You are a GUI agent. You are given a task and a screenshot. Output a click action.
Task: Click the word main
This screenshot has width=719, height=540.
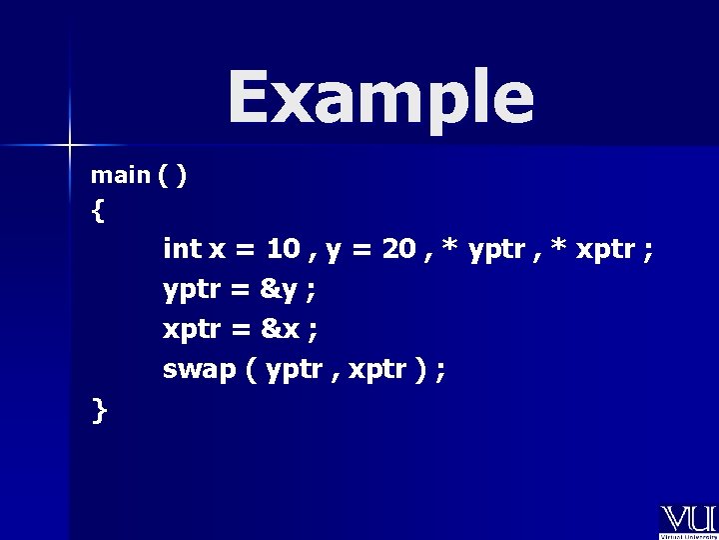(119, 175)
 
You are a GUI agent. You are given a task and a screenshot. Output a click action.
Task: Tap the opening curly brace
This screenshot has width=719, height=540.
(97, 211)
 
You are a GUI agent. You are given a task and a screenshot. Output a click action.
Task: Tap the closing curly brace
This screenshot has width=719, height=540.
(98, 409)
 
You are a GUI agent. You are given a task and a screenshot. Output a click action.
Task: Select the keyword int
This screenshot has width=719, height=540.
(181, 248)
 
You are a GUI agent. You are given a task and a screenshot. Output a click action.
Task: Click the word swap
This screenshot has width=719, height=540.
(199, 370)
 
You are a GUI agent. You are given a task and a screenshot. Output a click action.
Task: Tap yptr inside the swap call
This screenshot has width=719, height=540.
(296, 371)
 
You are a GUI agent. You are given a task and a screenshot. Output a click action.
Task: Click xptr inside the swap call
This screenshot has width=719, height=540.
(374, 371)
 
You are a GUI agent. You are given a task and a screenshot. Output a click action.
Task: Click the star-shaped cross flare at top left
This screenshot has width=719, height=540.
(70, 145)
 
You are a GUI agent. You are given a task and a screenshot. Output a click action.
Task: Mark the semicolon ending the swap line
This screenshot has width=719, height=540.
(441, 372)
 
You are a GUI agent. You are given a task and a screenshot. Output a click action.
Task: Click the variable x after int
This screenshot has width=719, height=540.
(217, 249)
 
